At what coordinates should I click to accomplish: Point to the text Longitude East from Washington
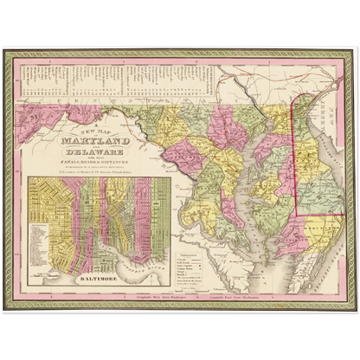(x=246, y=298)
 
